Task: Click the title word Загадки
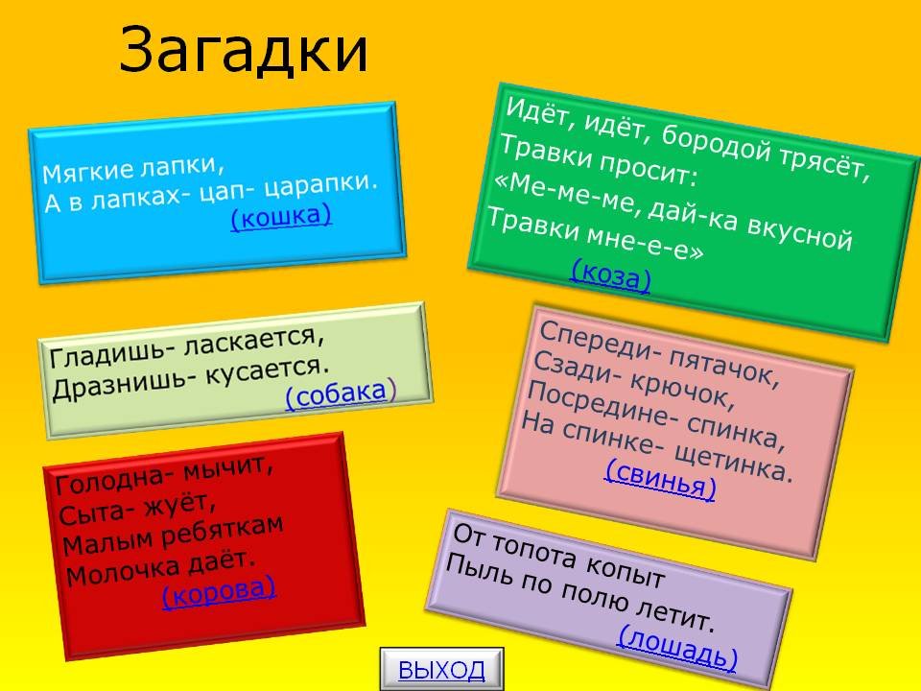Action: [244, 50]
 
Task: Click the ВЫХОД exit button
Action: [441, 669]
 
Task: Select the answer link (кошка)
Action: [281, 217]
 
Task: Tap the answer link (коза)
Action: [611, 275]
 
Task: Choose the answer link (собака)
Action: [341, 393]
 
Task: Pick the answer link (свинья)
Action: [661, 479]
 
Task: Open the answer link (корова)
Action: [219, 592]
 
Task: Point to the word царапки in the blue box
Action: [320, 185]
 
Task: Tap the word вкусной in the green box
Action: [799, 234]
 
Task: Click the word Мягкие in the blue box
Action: [88, 171]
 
